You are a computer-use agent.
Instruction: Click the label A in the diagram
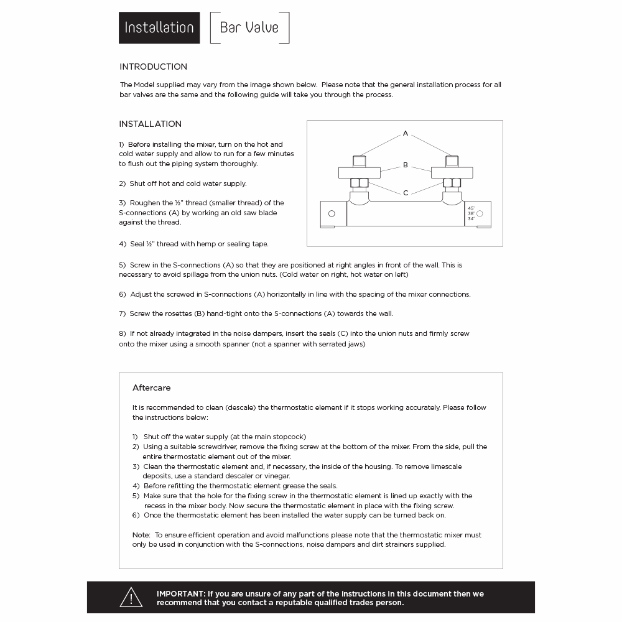coord(406,133)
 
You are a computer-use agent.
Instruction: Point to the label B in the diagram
coord(406,165)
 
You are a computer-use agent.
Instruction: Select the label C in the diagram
coord(406,193)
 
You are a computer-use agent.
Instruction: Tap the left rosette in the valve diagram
coord(360,173)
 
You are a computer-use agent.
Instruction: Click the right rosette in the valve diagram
coord(452,173)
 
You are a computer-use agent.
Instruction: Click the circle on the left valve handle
coord(332,214)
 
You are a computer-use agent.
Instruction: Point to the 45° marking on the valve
coord(471,208)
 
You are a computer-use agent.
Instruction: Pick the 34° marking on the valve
coord(471,219)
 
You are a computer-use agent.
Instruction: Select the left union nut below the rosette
coord(360,183)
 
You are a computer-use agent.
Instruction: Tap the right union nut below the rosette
coord(452,183)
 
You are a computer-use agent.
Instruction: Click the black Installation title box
coord(159,28)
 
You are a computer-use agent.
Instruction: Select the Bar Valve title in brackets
coord(249,28)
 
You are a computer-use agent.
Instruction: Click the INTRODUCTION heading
coord(153,67)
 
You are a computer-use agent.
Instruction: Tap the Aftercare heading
coord(151,388)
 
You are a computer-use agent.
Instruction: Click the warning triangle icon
coord(131,597)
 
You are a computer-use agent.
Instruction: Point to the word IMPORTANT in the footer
coord(180,593)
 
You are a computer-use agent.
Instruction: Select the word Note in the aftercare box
coord(141,535)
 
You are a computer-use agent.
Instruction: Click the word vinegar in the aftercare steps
coord(277,476)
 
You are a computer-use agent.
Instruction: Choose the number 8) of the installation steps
coord(123,333)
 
